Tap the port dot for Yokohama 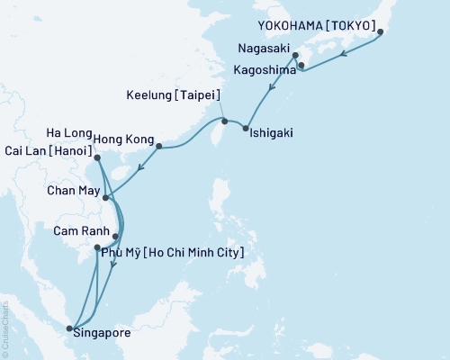click(381, 32)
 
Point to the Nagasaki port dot click(295, 56)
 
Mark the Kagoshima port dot click(301, 65)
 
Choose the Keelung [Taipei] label click(175, 95)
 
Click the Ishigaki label click(272, 133)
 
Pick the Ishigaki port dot click(245, 127)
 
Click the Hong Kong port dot click(159, 146)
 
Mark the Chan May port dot click(106, 197)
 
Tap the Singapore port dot click(69, 328)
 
